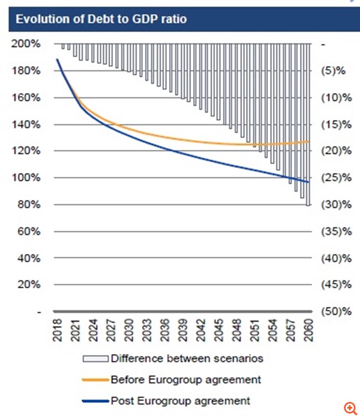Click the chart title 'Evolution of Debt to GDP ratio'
[x=101, y=19]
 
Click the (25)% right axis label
[x=335, y=178]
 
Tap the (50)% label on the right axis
[x=335, y=311]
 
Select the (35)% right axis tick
[x=335, y=231]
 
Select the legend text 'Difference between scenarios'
[x=187, y=358]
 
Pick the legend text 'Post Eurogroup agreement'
[x=181, y=400]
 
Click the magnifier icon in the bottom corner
[x=350, y=409]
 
